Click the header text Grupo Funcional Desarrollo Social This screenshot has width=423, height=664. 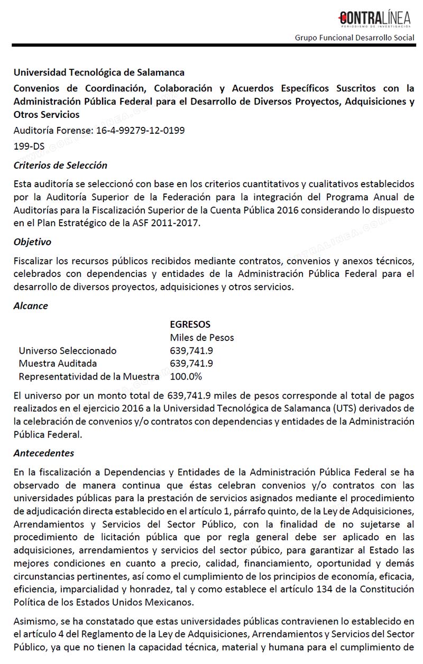[x=355, y=38]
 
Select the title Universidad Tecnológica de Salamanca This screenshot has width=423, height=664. [x=99, y=72]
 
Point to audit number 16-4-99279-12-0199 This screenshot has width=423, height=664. [x=141, y=130]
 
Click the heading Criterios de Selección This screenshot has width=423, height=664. [x=60, y=165]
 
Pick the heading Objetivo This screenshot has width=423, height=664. [x=32, y=242]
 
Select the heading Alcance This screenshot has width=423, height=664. [x=31, y=306]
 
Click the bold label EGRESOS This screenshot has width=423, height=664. [x=190, y=324]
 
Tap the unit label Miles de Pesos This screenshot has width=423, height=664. [x=201, y=337]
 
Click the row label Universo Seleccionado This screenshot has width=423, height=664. [x=68, y=351]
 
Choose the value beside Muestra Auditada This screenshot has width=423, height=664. [x=191, y=363]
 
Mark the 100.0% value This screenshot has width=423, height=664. [x=186, y=376]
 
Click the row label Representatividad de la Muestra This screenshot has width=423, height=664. [x=89, y=376]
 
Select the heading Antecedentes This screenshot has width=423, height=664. [x=44, y=453]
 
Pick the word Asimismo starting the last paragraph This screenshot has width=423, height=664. [x=34, y=621]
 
